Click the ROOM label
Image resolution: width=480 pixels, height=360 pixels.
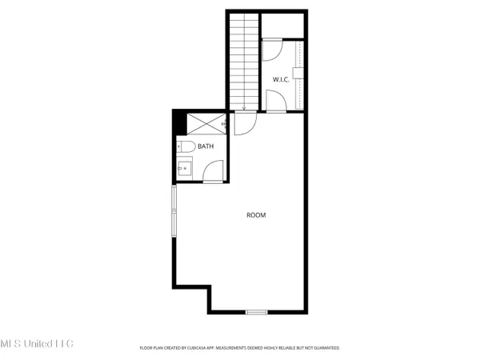[x=256, y=215]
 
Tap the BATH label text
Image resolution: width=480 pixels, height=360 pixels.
[x=206, y=146]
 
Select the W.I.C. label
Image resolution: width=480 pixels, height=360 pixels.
[x=281, y=79]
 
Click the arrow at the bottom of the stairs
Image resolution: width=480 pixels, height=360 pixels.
[x=243, y=107]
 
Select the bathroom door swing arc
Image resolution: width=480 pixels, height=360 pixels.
[x=213, y=170]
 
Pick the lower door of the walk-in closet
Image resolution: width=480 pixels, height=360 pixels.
[x=274, y=101]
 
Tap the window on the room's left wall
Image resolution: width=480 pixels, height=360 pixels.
[x=173, y=211]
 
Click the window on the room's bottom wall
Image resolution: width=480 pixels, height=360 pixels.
[x=256, y=312]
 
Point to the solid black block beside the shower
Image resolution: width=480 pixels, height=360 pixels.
[x=179, y=124]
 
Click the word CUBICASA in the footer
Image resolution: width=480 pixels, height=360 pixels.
[x=200, y=348]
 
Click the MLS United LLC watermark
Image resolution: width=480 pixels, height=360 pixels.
[x=36, y=343]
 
